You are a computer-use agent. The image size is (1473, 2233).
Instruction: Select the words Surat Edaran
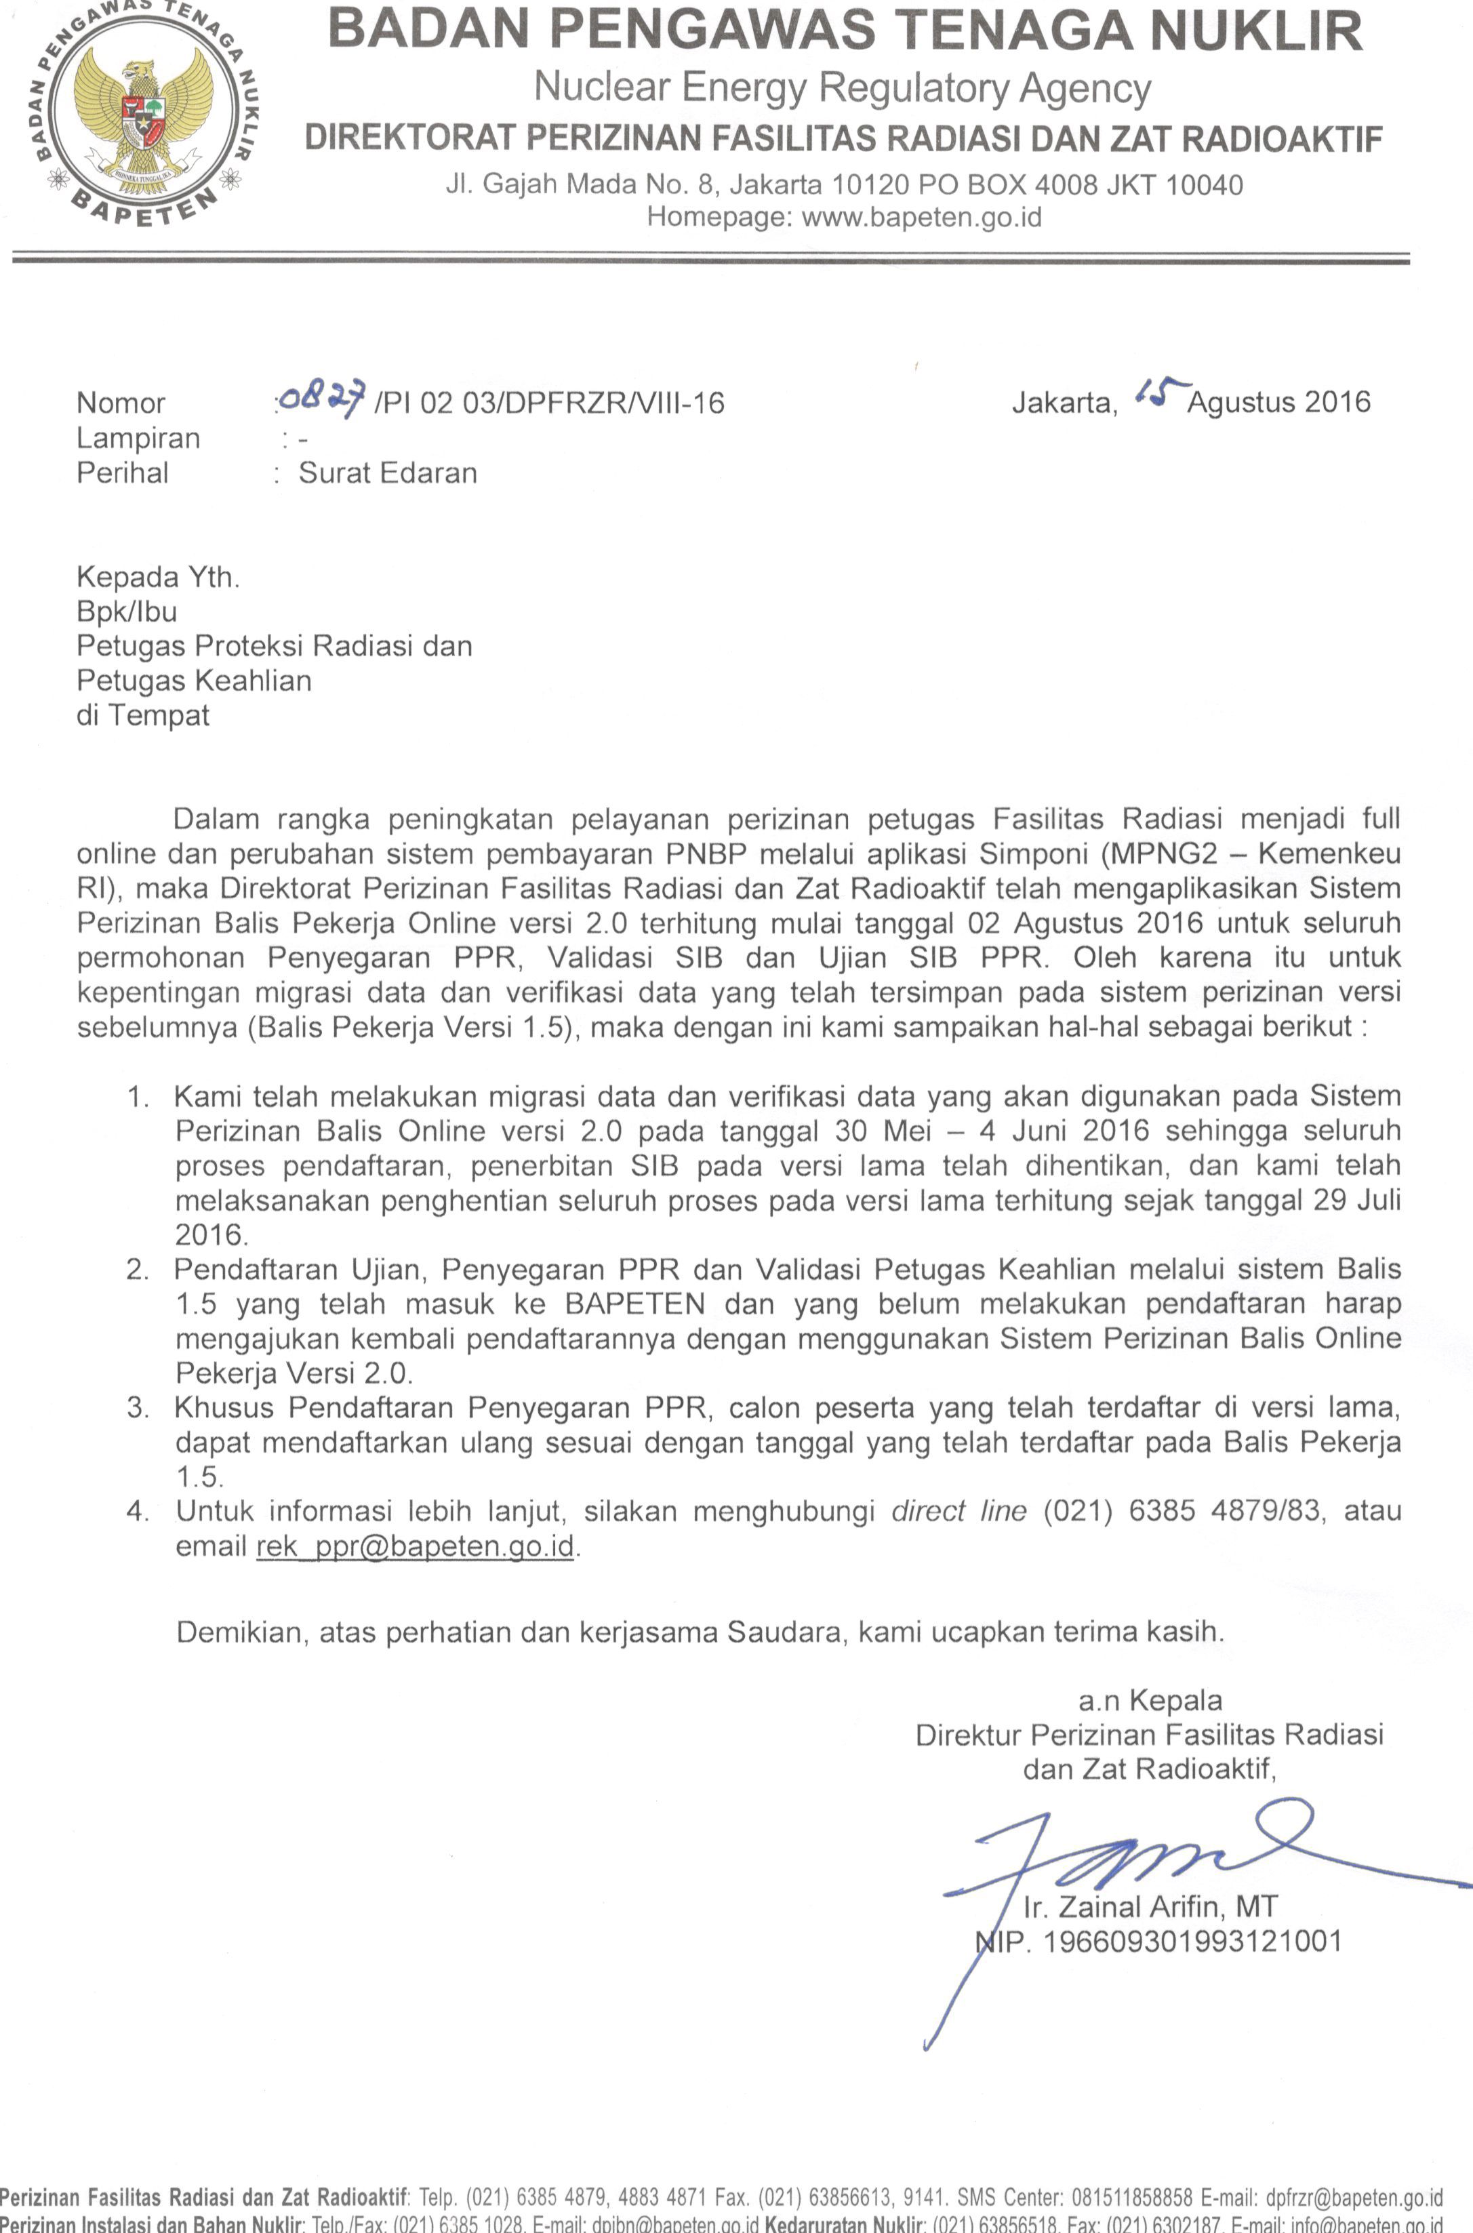387,472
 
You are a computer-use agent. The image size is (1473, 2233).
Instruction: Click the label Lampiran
138,439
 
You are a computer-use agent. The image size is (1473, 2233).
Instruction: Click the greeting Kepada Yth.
158,577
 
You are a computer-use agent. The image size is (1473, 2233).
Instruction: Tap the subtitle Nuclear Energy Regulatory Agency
842,88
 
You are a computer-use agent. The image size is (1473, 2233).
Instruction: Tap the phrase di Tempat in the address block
143,715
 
